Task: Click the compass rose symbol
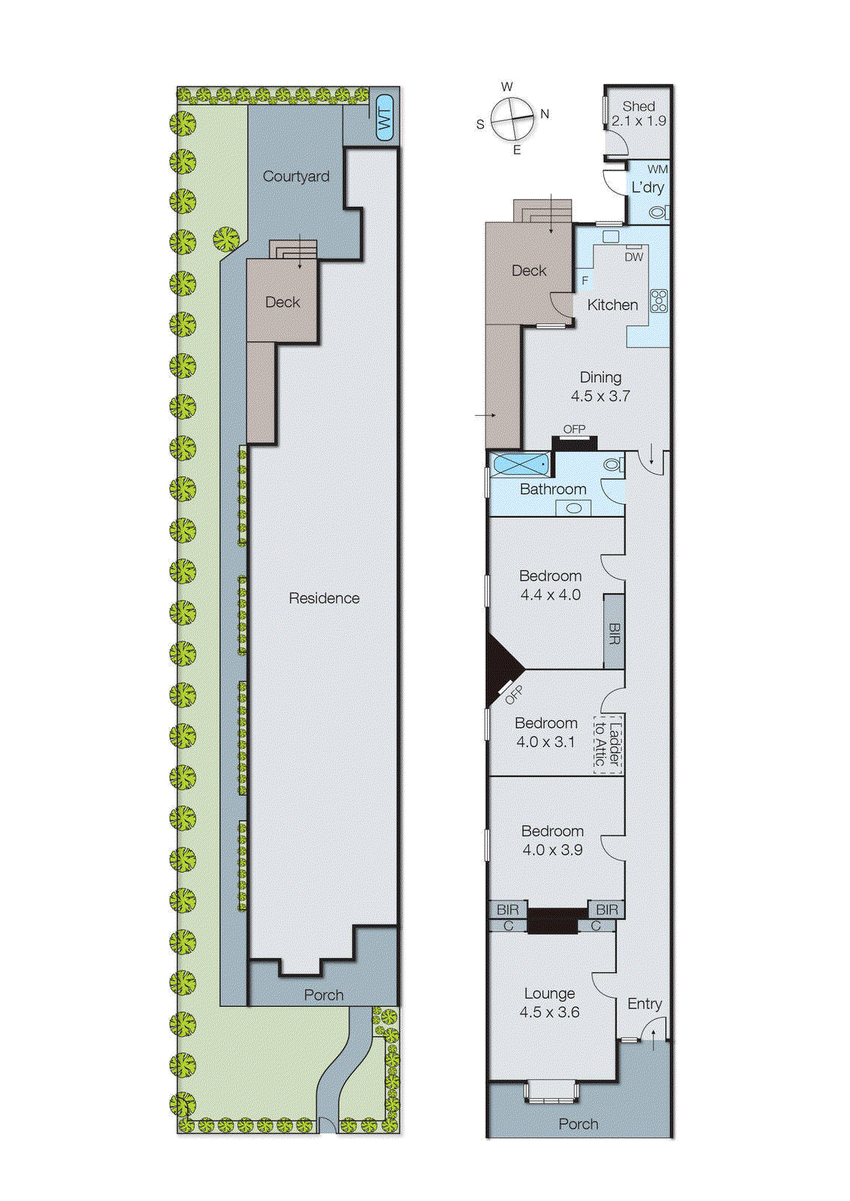513,119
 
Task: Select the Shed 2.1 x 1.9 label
638,113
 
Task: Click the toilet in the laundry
658,212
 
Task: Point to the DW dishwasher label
634,257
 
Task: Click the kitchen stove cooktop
659,301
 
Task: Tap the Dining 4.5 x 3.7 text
600,387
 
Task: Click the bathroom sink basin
574,508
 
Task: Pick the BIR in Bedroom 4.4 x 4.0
614,632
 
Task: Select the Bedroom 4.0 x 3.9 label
552,840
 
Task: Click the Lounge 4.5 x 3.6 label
549,1002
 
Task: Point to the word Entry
644,1004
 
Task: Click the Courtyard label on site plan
296,176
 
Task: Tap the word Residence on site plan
324,598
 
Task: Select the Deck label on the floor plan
529,270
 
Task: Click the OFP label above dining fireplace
574,429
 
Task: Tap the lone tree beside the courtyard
226,239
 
